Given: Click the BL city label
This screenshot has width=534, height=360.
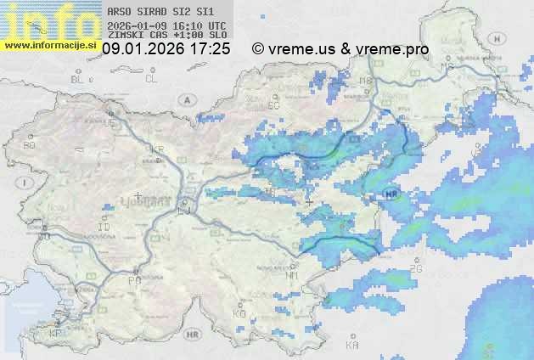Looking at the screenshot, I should tap(79, 79).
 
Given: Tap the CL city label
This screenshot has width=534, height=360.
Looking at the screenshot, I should tap(151, 79).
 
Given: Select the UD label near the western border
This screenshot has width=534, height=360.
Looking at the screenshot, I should tap(109, 123).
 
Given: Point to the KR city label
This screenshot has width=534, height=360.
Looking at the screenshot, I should tap(157, 149).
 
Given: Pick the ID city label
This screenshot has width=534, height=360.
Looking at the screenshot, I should tap(104, 228).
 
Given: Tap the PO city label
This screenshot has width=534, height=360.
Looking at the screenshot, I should tap(134, 280).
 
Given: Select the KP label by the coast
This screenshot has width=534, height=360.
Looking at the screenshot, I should tap(56, 334).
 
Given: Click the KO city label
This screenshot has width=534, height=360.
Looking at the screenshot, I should tap(239, 314).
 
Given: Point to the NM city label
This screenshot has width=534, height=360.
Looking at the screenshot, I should tap(292, 276).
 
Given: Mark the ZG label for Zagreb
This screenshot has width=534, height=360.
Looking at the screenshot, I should tap(415, 269).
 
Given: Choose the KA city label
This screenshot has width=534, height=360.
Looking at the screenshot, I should tap(352, 346).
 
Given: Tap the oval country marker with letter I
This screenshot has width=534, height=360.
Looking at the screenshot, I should tap(26, 182).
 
